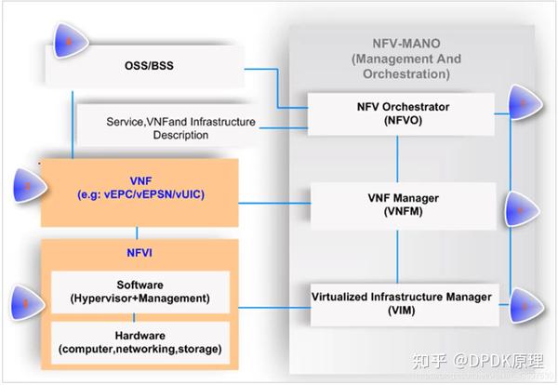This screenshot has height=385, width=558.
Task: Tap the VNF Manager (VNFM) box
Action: pyautogui.click(x=397, y=204)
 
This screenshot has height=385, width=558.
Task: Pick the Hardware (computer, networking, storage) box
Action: pyautogui.click(x=141, y=341)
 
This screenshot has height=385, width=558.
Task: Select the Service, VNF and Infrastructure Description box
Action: pyautogui.click(x=167, y=127)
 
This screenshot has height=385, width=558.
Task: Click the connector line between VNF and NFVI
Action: pyautogui.click(x=137, y=232)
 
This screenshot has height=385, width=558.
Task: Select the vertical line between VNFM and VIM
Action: pyautogui.click(x=397, y=253)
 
